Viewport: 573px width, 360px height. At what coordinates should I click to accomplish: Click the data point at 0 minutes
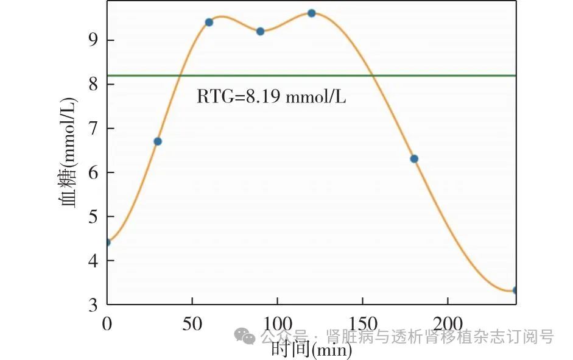point(107,242)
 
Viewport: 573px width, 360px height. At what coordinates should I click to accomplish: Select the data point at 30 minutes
point(158,141)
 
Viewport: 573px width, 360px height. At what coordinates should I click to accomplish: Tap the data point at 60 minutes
point(209,22)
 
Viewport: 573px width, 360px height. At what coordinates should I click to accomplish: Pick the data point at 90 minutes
point(260,31)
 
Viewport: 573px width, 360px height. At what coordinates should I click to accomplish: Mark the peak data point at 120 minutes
point(311,13)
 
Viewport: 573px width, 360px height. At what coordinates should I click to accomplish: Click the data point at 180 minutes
point(414,159)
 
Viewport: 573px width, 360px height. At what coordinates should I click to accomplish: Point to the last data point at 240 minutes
point(515,290)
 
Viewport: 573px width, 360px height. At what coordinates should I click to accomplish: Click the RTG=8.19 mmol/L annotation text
point(271,96)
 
